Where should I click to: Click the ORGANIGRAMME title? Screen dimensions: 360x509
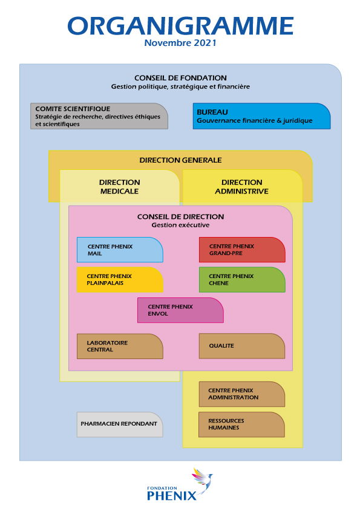click(180, 25)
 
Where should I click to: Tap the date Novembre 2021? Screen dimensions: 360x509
click(180, 43)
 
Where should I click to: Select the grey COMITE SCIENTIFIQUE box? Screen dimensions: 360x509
click(99, 116)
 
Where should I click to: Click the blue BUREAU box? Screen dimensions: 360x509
click(261, 116)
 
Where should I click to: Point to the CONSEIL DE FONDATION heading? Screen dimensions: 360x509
click(181, 78)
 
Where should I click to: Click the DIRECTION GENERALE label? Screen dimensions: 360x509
click(181, 160)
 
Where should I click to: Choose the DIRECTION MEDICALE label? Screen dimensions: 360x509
click(120, 187)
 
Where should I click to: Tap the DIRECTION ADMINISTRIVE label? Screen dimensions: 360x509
click(242, 187)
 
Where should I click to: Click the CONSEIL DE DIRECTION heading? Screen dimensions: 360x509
click(181, 216)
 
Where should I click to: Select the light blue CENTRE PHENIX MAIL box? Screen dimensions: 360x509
click(120, 250)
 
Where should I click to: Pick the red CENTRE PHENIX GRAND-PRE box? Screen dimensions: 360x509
click(242, 250)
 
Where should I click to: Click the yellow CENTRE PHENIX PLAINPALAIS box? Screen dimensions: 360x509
click(120, 279)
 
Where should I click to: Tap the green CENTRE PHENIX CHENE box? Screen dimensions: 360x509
click(242, 279)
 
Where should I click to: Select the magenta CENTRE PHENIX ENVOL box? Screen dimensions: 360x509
click(180, 310)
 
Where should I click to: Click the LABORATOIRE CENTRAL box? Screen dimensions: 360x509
click(120, 346)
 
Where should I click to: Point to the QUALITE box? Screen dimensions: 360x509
click(242, 346)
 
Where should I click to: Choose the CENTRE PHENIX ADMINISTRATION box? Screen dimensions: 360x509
click(242, 394)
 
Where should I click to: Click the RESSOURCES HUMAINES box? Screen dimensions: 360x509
click(242, 424)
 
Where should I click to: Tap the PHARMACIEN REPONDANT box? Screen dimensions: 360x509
click(120, 424)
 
